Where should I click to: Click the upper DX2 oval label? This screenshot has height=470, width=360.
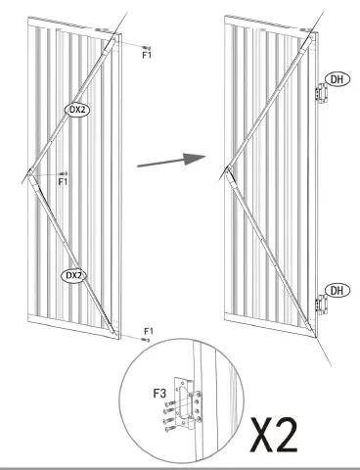click(x=76, y=110)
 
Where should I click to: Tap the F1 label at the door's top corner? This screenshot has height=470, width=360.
click(x=147, y=56)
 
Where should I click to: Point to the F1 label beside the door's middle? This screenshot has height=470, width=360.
click(x=64, y=181)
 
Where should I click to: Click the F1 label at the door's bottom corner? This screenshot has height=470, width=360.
click(x=149, y=333)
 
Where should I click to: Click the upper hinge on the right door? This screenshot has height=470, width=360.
click(x=319, y=94)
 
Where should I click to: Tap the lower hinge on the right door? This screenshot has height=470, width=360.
click(x=319, y=305)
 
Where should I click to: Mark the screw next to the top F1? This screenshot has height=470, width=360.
click(x=146, y=46)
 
